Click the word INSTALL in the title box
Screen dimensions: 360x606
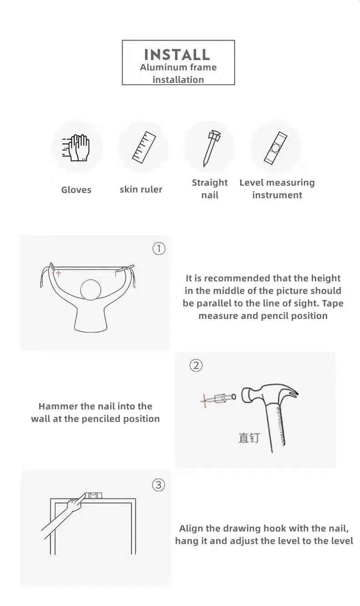pos(177,55)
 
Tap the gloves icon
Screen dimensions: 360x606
pos(76,148)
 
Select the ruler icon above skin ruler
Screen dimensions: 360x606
pos(144,147)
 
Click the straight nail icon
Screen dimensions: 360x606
pos(211,148)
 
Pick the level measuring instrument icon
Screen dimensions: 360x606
pos(275,148)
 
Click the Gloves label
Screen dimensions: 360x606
pos(76,190)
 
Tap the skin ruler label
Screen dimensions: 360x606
pos(141,190)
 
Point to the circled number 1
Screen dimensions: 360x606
pos(159,249)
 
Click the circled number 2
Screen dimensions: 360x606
pos(196,365)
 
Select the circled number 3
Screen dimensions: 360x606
pos(159,485)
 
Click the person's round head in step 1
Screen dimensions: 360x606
pos(91,290)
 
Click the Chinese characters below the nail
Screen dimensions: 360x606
pos(249,438)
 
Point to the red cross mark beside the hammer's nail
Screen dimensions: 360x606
pos(205,401)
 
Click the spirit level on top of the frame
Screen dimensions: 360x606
pos(93,495)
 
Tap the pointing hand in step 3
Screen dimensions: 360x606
pos(76,503)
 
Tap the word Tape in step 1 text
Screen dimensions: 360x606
pos(333,303)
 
